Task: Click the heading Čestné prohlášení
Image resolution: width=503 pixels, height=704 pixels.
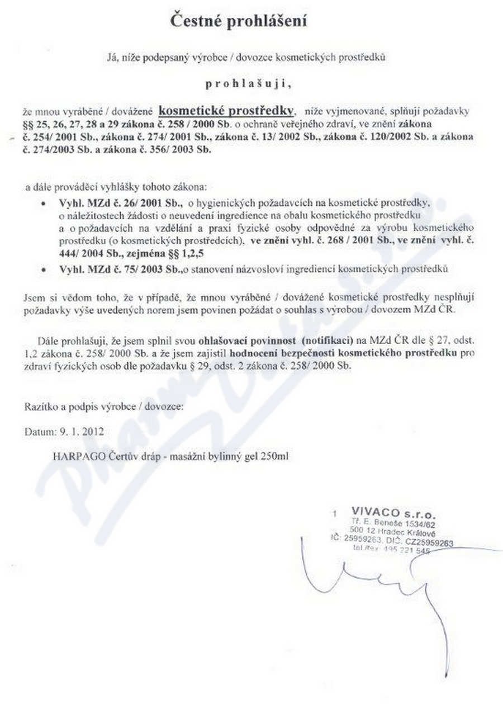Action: click(239, 22)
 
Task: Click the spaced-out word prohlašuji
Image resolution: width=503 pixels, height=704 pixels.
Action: click(249, 84)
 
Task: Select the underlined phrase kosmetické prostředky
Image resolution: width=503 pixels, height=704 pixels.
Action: click(231, 110)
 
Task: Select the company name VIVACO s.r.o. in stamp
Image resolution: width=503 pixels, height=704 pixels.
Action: click(393, 512)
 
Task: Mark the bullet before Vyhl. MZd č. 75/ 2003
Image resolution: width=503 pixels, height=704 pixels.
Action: click(44, 270)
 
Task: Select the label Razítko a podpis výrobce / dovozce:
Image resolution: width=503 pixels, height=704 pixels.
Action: click(104, 407)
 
